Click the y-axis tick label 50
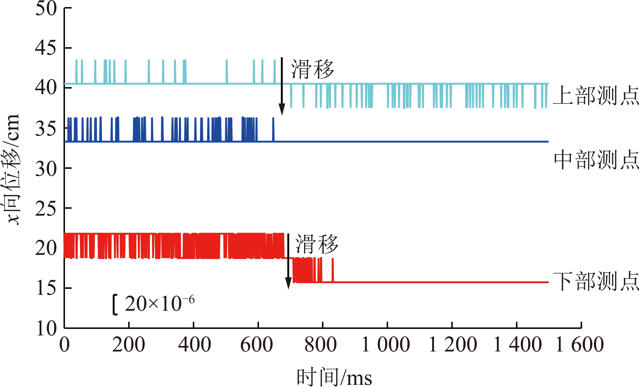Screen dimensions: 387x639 click(46, 8)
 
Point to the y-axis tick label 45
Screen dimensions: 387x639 click(46, 48)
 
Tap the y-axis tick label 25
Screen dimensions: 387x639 click(46, 209)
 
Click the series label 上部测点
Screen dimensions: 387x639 click(596, 96)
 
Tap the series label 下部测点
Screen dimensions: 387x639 click(596, 281)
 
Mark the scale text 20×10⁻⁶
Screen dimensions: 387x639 click(159, 303)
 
